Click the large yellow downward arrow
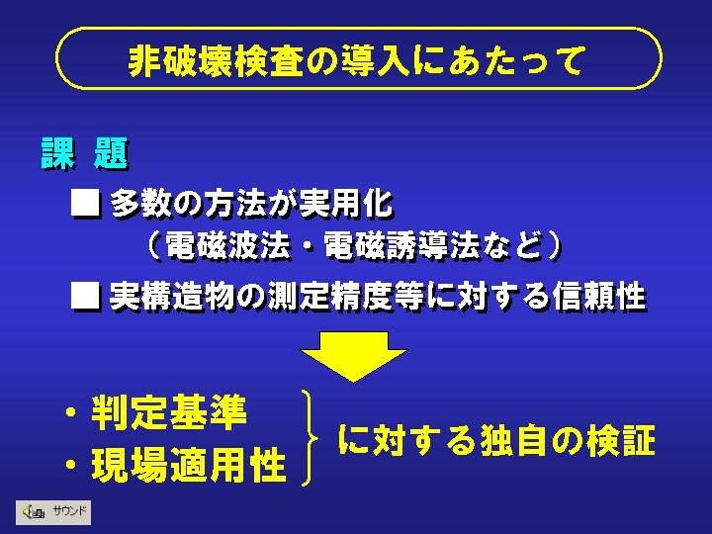[x=354, y=356]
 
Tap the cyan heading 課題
[x=84, y=153]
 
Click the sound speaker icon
[x=34, y=512]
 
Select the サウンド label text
[x=69, y=511]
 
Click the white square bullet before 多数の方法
[x=85, y=202]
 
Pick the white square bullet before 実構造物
[x=85, y=296]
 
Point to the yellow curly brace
[x=310, y=438]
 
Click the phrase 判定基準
[x=169, y=412]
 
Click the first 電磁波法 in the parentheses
[x=226, y=245]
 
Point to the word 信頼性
[x=599, y=296]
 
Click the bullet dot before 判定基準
[x=71, y=412]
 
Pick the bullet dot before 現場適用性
[x=71, y=465]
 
